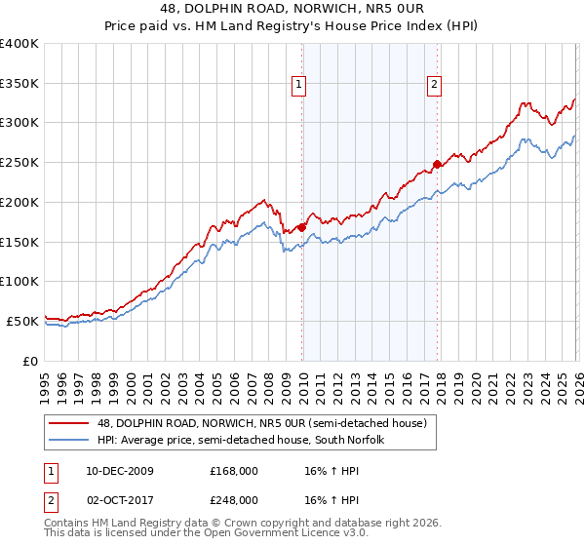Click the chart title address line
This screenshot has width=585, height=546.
(292, 9)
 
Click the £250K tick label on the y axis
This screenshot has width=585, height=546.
(19, 163)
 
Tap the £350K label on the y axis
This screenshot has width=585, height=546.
(19, 84)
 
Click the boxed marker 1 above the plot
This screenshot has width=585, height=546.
(298, 85)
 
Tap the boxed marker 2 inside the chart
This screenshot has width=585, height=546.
(433, 85)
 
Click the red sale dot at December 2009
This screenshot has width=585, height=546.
(302, 227)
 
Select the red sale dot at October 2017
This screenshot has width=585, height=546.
(437, 164)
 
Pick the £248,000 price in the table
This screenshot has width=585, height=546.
(234, 500)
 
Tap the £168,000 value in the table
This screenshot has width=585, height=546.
(234, 471)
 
